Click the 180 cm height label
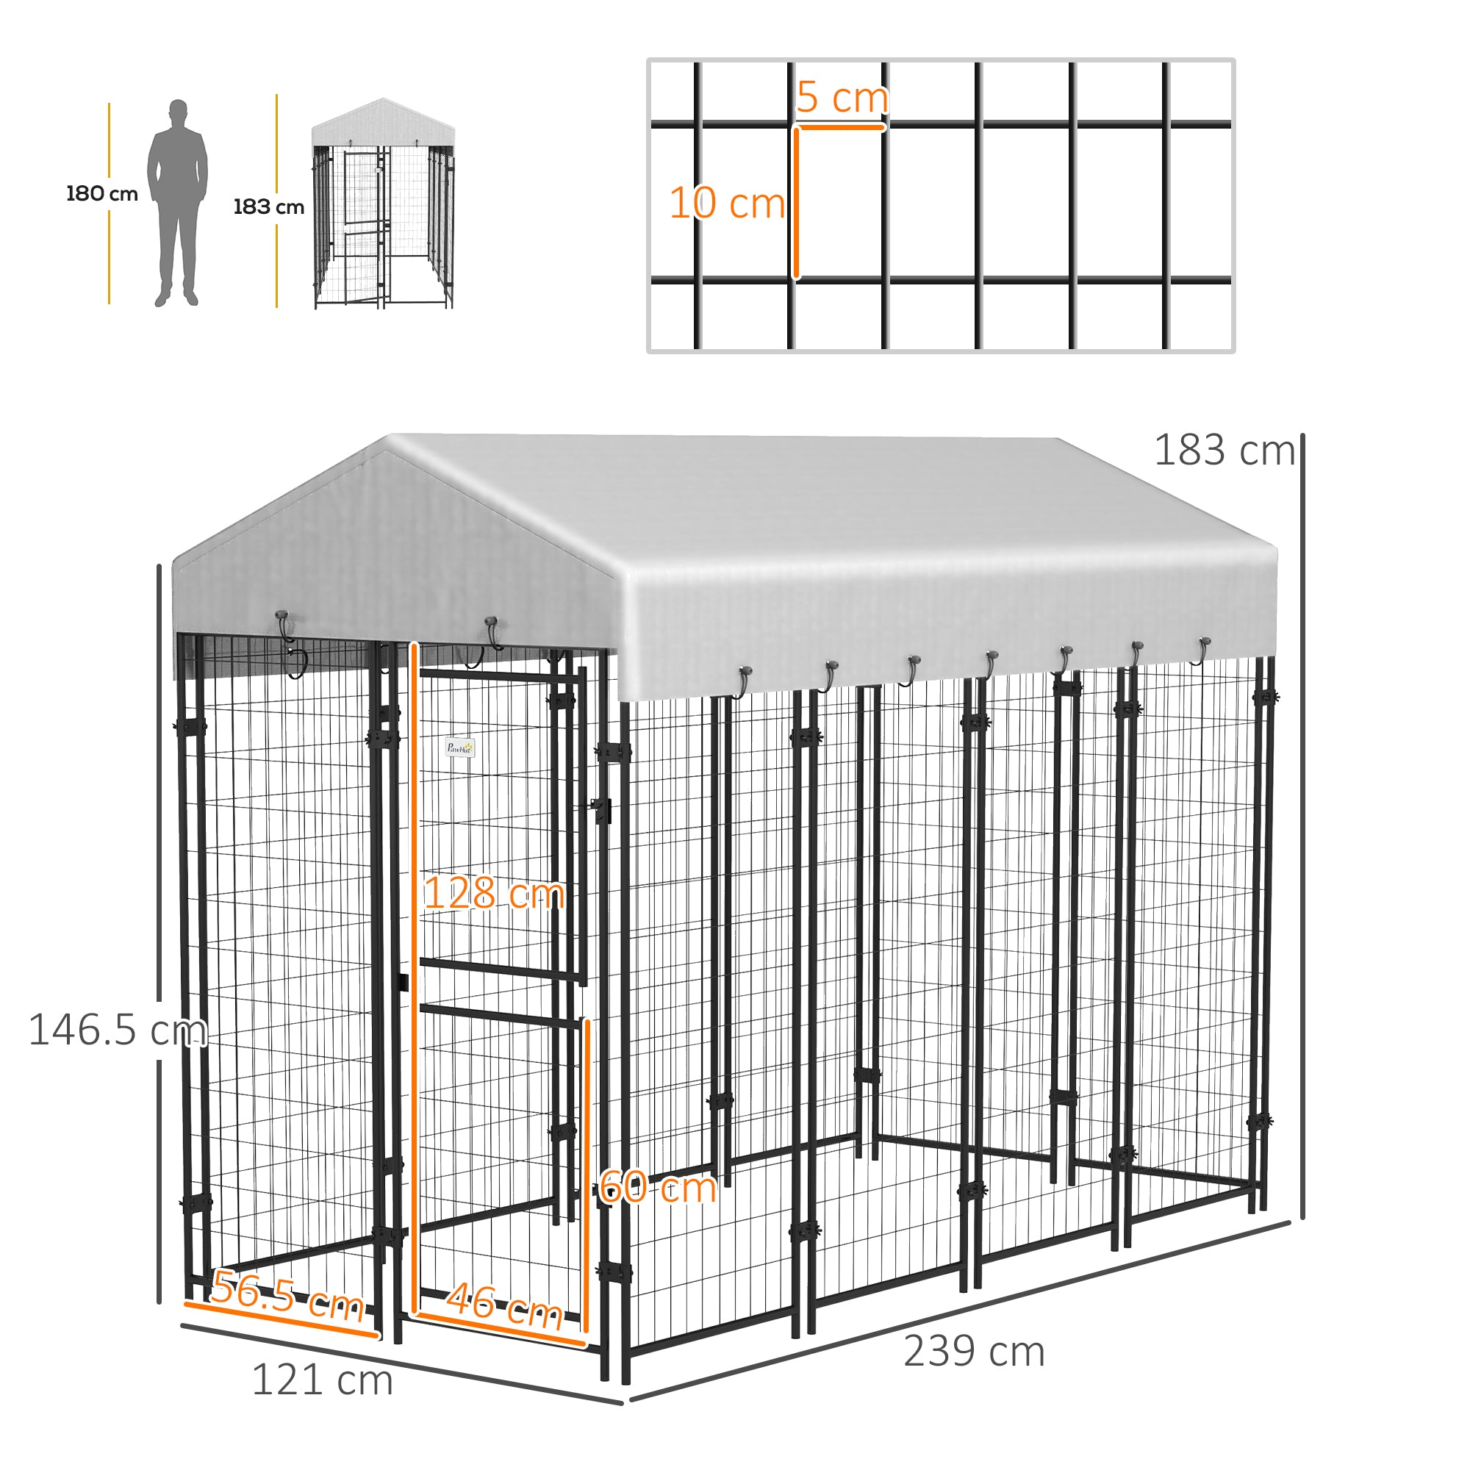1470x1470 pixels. (102, 193)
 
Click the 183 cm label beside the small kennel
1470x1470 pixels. (268, 207)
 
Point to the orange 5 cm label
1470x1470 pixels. (842, 98)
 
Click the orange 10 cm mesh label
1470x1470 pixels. (727, 203)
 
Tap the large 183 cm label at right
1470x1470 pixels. (1225, 451)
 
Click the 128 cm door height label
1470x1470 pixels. (494, 892)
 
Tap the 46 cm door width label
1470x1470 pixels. (504, 1305)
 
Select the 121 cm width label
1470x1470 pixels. (322, 1380)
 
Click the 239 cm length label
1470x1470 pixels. (974, 1352)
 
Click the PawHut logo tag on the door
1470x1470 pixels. (459, 748)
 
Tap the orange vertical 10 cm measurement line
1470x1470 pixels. (796, 203)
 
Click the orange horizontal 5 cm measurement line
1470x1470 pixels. (841, 126)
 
